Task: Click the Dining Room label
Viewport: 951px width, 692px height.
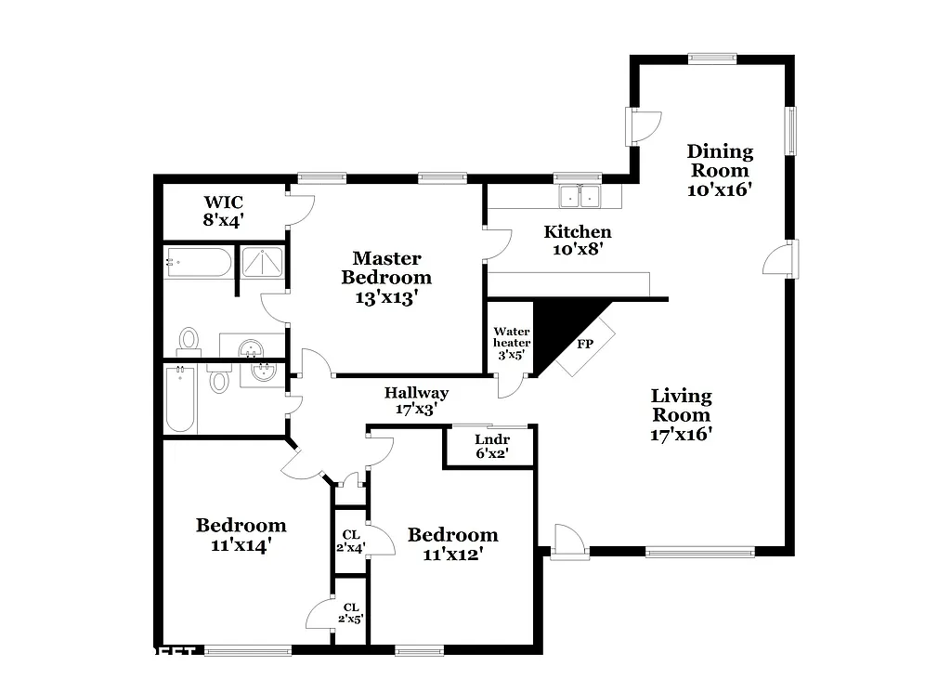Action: coord(720,170)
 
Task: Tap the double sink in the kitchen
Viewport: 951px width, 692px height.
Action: coord(579,196)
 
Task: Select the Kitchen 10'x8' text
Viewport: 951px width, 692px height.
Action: coord(578,241)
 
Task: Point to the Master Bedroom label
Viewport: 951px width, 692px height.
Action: coord(386,277)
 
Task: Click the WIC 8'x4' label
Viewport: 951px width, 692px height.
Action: coord(224,211)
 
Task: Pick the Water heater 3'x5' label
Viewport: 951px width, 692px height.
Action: coord(511,342)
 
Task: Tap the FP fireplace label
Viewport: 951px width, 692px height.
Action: coord(585,344)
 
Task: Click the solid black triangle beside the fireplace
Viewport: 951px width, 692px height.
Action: coord(557,325)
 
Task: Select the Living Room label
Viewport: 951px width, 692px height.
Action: coord(681,414)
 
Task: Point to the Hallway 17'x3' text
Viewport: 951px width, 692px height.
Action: coord(416,400)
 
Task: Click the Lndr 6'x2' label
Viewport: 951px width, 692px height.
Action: coord(491,447)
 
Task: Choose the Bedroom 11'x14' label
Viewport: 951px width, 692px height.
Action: coord(241,535)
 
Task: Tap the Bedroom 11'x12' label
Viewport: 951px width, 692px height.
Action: coord(452,544)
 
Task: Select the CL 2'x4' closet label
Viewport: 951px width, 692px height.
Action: coord(351,541)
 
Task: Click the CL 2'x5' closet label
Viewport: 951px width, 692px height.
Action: coord(351,613)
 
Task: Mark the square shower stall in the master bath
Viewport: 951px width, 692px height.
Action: coord(263,263)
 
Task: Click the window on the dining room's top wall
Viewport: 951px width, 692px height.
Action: coord(712,59)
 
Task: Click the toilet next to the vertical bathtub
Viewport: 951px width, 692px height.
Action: coord(219,381)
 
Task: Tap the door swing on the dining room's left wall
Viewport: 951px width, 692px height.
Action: coord(645,126)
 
